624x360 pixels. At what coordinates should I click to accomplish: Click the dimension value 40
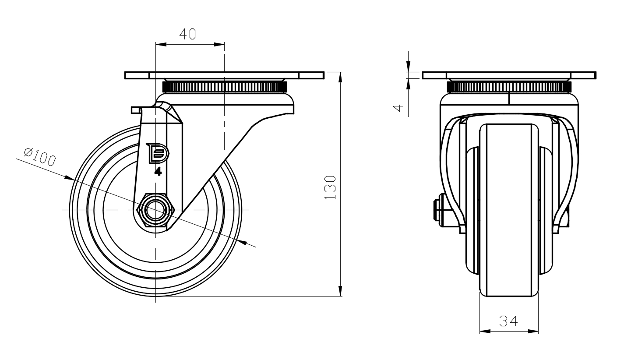[187, 34]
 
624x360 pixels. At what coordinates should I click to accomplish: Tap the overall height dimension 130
[331, 187]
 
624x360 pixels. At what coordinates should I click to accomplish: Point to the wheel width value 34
[509, 321]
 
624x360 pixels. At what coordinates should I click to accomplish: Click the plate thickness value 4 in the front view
[398, 107]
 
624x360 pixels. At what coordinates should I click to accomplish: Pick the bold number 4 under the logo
[158, 172]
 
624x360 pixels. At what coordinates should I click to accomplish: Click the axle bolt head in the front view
[437, 210]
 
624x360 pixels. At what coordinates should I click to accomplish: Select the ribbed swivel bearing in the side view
[225, 86]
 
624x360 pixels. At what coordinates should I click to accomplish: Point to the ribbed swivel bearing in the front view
[509, 86]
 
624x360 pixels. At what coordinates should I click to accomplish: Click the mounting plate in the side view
[224, 75]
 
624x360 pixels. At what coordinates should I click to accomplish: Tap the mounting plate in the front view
[509, 75]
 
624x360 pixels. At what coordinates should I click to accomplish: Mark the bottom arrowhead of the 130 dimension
[341, 291]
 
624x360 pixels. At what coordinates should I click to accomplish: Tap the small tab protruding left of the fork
[135, 109]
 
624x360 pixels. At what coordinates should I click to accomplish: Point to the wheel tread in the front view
[509, 210]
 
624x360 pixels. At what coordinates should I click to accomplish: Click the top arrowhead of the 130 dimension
[341, 77]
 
